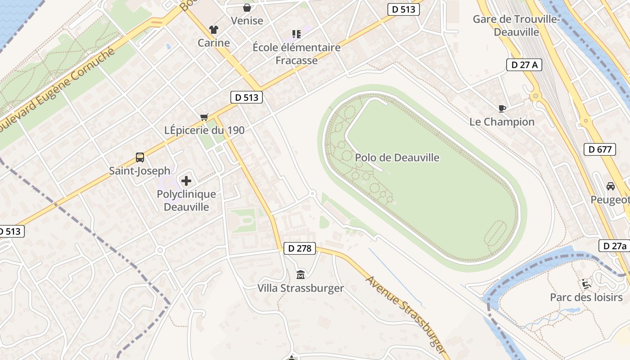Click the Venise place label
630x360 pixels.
coord(247,20)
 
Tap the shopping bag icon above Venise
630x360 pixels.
coord(247,8)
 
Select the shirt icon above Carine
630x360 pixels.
coord(214,30)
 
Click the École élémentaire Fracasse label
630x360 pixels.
coord(297,54)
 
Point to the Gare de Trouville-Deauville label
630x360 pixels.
coord(516,26)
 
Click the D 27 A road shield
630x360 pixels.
coord(524,65)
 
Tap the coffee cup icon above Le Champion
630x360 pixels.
coord(502,108)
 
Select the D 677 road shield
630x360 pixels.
coord(600,149)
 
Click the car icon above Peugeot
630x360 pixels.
coord(611,186)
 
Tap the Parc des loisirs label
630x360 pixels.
coord(586,297)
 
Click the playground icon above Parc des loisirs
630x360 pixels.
coord(586,283)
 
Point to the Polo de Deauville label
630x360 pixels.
coord(397,157)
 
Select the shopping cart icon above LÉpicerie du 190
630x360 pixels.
coord(204,117)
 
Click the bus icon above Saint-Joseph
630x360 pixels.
coord(140,157)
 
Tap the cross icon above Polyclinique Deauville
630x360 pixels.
coord(186,181)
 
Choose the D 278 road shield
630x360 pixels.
coord(300,248)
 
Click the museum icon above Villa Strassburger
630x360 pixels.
coord(301,274)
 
